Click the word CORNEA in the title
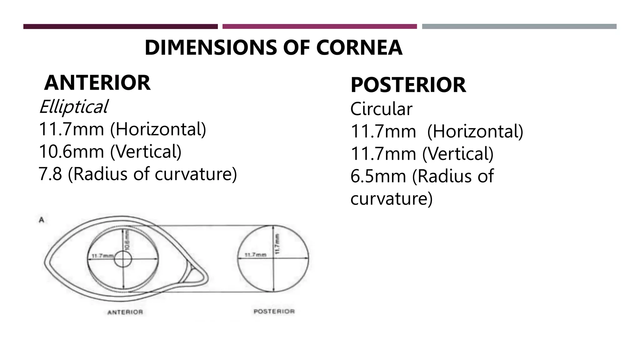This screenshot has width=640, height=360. tap(359, 48)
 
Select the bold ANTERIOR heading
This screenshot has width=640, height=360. tap(97, 83)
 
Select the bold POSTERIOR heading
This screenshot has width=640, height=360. tap(408, 85)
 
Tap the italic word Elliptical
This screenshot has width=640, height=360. tap(73, 107)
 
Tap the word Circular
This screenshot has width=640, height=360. tap(381, 109)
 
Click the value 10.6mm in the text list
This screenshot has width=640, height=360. tap(71, 152)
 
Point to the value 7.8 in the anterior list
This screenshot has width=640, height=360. tap(50, 174)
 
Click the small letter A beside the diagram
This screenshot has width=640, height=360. tap(41, 220)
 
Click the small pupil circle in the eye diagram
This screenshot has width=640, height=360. tap(123, 259)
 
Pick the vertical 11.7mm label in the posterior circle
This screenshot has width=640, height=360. tap(277, 244)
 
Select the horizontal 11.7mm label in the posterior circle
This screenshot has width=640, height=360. tap(255, 255)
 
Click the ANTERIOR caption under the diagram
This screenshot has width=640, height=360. tap(125, 312)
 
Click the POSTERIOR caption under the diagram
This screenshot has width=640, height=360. tap(274, 312)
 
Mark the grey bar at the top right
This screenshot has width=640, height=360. tap(519, 27)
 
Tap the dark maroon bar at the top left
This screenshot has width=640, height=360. tap(120, 27)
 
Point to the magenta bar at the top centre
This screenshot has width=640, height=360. tap(319, 27)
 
